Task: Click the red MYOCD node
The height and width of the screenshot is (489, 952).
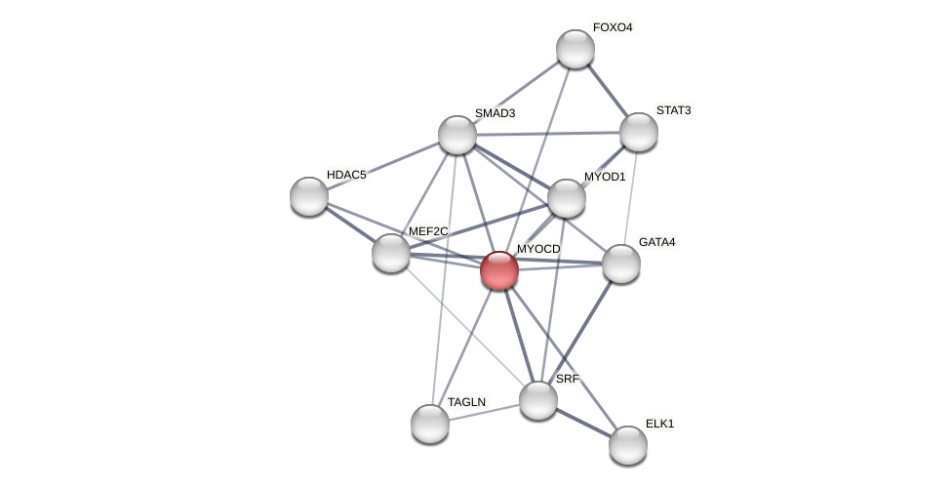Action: point(499,270)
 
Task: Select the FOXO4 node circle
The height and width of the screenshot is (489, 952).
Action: point(575,49)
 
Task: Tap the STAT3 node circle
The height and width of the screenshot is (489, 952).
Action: point(639,132)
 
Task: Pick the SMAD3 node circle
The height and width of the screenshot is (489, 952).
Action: point(457,135)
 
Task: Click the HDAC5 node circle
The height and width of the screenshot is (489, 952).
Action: point(309,196)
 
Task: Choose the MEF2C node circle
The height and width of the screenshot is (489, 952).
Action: point(391,253)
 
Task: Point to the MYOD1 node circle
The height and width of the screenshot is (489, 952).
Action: point(567,198)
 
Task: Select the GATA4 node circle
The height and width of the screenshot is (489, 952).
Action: point(621,264)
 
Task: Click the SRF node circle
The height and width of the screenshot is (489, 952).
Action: point(538,400)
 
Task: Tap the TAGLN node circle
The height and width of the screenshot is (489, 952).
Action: point(430,424)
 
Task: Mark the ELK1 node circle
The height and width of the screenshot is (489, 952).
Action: point(628,445)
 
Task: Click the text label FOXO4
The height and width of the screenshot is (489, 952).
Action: point(613,27)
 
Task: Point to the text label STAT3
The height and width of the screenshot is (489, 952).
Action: point(673,110)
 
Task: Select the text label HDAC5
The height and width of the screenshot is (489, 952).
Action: point(346,175)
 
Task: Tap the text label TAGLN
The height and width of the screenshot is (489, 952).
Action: point(466,402)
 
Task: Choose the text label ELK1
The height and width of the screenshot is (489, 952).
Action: point(659,424)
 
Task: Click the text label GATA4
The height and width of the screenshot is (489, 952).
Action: point(656,242)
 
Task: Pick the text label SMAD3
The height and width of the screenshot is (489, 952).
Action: point(495,113)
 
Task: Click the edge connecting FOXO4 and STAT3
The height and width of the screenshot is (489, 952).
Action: point(608,91)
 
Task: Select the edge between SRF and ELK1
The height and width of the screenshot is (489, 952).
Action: point(583,423)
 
